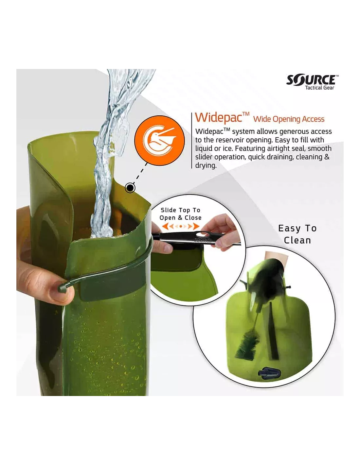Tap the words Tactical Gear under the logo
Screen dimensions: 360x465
[319, 88]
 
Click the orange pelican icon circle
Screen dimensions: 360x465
[160, 141]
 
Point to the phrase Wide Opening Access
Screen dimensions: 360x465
[289, 119]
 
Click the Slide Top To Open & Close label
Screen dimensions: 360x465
[180, 214]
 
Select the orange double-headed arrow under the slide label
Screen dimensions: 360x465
[181, 226]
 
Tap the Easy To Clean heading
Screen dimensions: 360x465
[297, 234]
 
